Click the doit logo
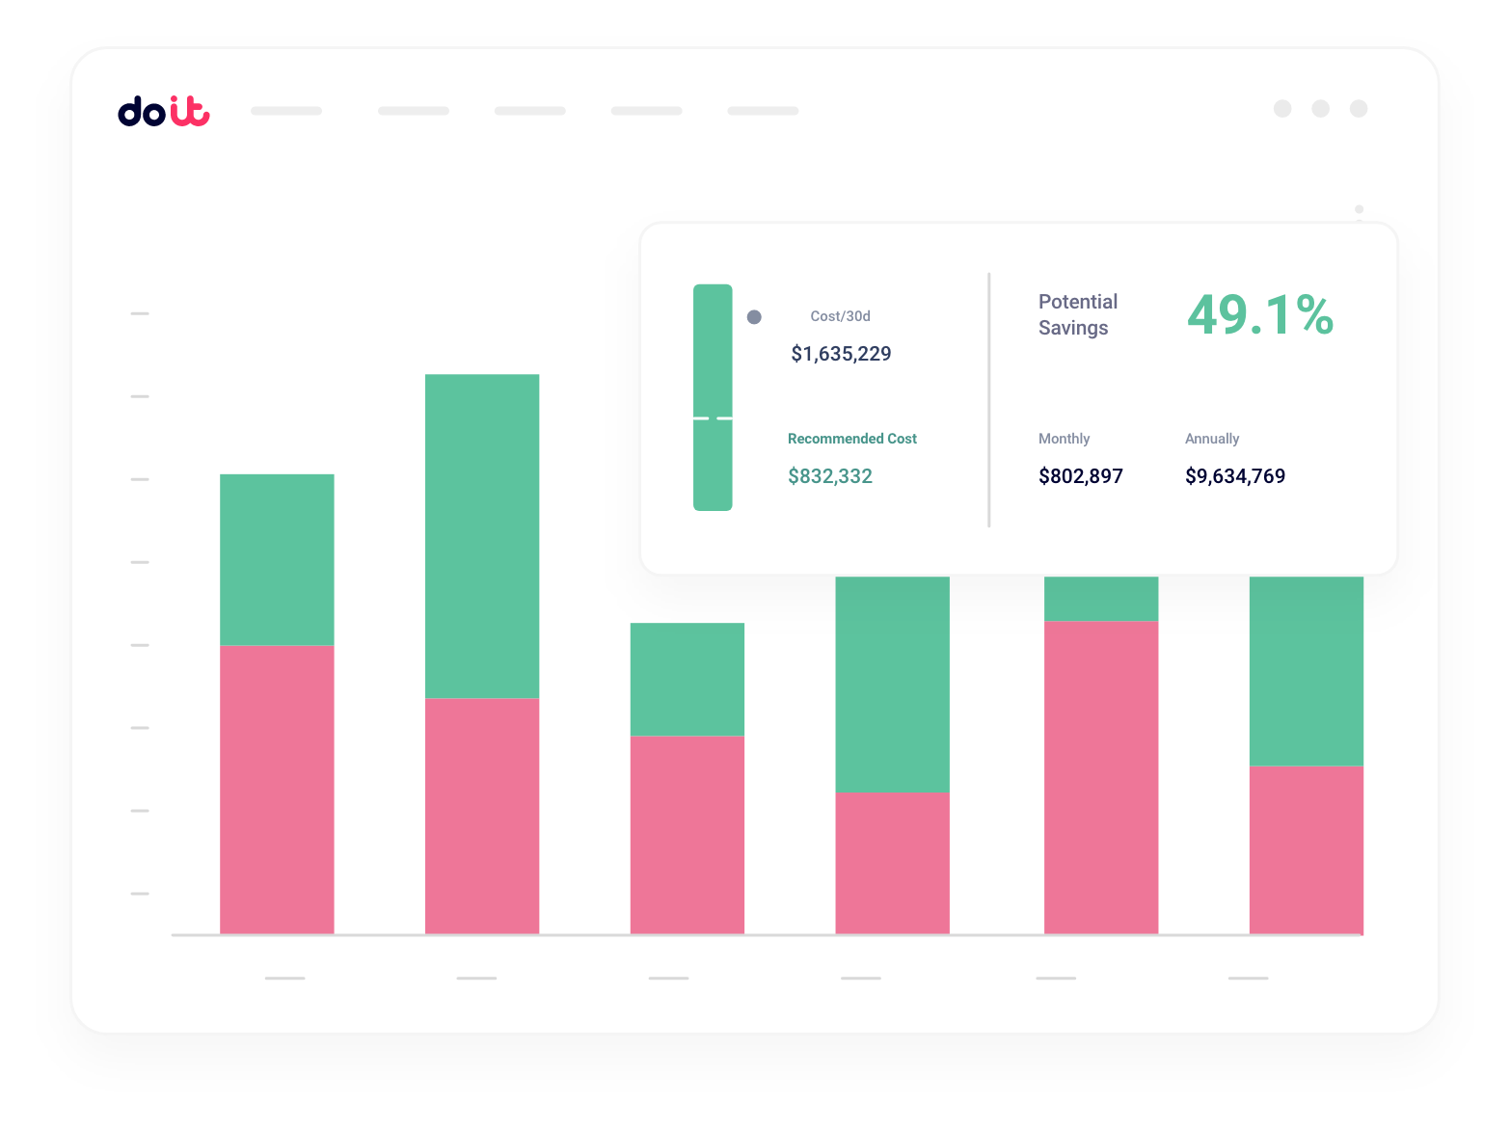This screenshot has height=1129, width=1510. pyautogui.click(x=164, y=111)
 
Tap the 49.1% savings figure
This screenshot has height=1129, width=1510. pyautogui.click(x=1259, y=315)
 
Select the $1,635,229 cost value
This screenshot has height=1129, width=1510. pyautogui.click(x=841, y=354)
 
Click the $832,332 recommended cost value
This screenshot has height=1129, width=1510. pyautogui.click(x=829, y=476)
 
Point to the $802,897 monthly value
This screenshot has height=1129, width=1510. pyautogui.click(x=1080, y=476)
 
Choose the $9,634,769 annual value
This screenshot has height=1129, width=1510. pyautogui.click(x=1234, y=476)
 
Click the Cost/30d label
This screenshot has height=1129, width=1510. pyautogui.click(x=840, y=316)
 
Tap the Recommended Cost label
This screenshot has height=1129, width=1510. pyautogui.click(x=851, y=439)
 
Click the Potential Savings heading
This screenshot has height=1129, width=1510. pyautogui.click(x=1077, y=314)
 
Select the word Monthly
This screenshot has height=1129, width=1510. pyautogui.click(x=1064, y=439)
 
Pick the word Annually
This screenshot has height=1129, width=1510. pyautogui.click(x=1211, y=439)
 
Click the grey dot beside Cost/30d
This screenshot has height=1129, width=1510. pyautogui.click(x=754, y=317)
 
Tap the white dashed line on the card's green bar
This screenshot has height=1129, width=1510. pyautogui.click(x=713, y=418)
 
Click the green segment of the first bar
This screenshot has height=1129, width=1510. pyautogui.click(x=277, y=559)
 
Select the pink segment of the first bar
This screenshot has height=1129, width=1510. pyautogui.click(x=277, y=789)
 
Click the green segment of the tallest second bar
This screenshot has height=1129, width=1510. pyautogui.click(x=482, y=535)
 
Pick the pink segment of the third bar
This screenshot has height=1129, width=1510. pyautogui.click(x=687, y=834)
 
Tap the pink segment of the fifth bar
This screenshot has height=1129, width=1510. pyautogui.click(x=1100, y=776)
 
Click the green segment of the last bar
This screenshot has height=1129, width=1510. pyautogui.click(x=1306, y=670)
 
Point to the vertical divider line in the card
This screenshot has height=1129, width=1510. pyautogui.click(x=989, y=400)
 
